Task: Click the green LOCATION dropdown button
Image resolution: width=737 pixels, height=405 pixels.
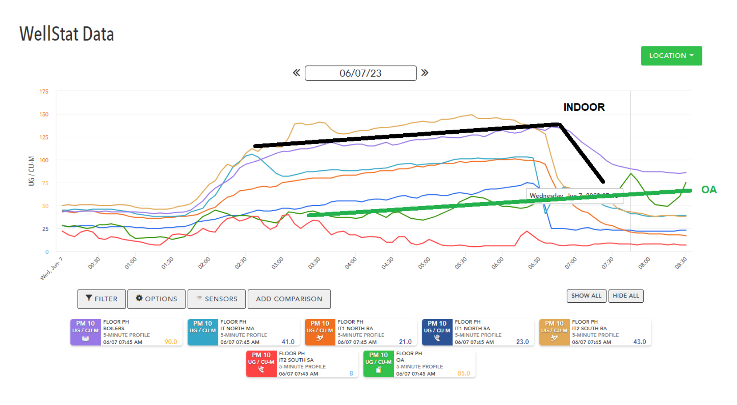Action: coord(671,56)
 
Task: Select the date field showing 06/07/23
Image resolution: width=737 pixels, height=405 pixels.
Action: coord(360,73)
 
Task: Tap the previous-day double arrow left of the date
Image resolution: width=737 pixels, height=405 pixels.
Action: coord(296,73)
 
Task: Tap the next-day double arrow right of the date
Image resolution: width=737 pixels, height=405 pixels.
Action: coord(425,73)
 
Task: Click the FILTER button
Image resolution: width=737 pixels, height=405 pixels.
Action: coord(101,299)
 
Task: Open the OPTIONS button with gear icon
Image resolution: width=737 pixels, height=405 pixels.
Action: coord(157,299)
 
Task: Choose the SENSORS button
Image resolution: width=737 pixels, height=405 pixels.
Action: coord(216,299)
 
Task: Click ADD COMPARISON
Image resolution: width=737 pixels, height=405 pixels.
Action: coord(289,299)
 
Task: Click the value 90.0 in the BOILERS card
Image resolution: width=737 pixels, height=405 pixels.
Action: coord(171,342)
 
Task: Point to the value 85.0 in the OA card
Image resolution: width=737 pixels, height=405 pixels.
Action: coord(464,373)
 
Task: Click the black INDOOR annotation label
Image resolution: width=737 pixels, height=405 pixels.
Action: coord(584,107)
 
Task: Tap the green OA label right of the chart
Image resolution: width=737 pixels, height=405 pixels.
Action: coord(709,190)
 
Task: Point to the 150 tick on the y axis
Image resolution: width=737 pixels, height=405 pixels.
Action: coord(44,115)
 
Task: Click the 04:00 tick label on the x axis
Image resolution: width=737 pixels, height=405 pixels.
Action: coord(351,263)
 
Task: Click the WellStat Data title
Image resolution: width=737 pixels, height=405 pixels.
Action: coord(67,34)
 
